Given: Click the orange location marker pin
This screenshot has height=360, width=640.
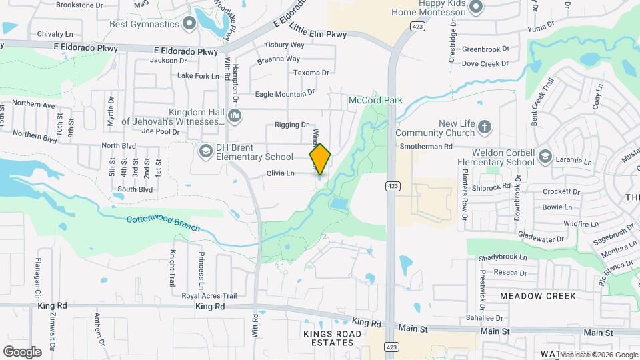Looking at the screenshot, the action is [x=320, y=159].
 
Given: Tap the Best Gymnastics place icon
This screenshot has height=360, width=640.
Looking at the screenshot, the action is [x=189, y=25].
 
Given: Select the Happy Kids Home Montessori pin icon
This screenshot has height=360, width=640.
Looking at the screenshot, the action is [x=475, y=7].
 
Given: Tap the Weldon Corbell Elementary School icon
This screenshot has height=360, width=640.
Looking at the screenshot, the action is [x=545, y=157].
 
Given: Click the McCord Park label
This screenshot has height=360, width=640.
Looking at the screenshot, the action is [x=375, y=100].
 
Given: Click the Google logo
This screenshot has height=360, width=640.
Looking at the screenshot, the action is [x=22, y=351].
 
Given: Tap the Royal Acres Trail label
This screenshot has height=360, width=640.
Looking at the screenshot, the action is [x=209, y=295].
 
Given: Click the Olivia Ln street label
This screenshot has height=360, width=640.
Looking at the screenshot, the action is [x=281, y=173].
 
